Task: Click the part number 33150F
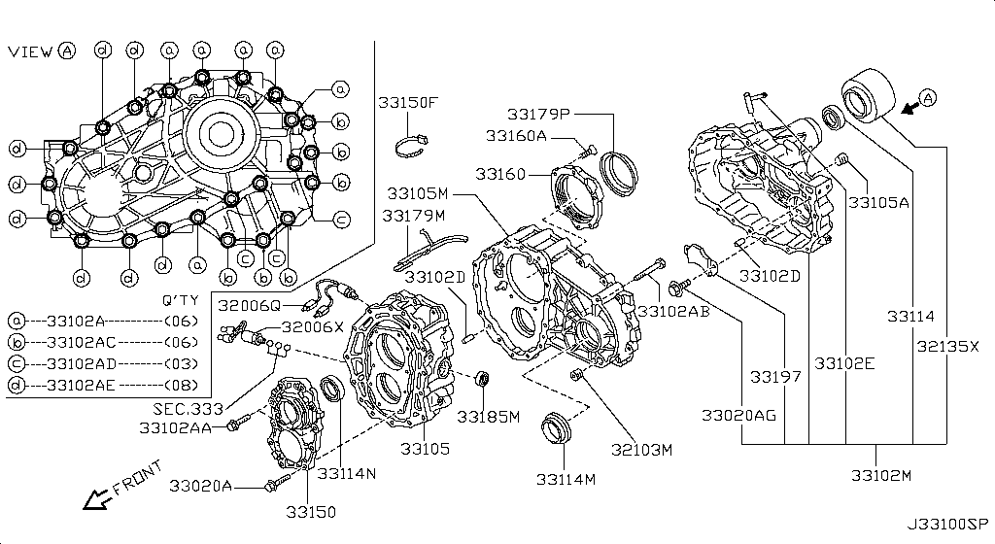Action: pyautogui.click(x=408, y=102)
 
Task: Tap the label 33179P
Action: pyautogui.click(x=538, y=114)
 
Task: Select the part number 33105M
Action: pyautogui.click(x=418, y=193)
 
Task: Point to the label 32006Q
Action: pyautogui.click(x=249, y=306)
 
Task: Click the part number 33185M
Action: pyautogui.click(x=489, y=417)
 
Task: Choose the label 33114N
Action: pyautogui.click(x=347, y=473)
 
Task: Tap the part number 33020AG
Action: pyautogui.click(x=738, y=416)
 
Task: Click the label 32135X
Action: pyautogui.click(x=948, y=346)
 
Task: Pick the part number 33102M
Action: pyautogui.click(x=880, y=476)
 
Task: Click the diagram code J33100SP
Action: pyautogui.click(x=947, y=525)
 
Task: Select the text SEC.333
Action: pyautogui.click(x=188, y=409)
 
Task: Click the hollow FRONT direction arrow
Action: pyautogui.click(x=96, y=499)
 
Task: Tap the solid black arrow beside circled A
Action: pyautogui.click(x=910, y=109)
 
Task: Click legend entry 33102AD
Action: pyautogui.click(x=82, y=364)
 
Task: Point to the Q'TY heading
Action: pyautogui.click(x=180, y=300)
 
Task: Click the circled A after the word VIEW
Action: pyautogui.click(x=67, y=51)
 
